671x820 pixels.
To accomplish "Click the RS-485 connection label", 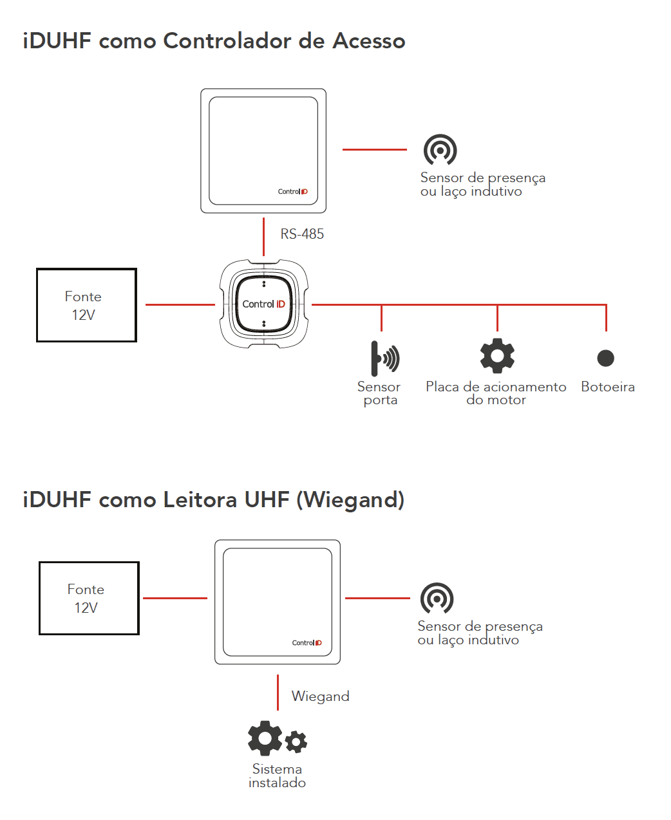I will click(302, 234).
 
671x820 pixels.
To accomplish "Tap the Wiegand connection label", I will click(320, 696).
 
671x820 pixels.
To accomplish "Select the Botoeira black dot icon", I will click(605, 358).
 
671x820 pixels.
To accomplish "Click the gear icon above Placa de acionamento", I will click(497, 356).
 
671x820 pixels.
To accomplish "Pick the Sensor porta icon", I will click(384, 358).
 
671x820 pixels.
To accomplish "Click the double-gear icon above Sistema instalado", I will click(278, 738).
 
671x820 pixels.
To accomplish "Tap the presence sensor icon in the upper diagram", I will click(440, 151).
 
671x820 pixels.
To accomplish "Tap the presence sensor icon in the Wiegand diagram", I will click(437, 599).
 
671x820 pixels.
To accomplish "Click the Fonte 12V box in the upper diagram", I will click(86, 305).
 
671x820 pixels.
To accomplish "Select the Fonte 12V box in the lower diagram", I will click(89, 598).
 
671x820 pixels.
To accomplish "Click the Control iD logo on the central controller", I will click(263, 304).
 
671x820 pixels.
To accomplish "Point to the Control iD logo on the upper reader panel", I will click(293, 192).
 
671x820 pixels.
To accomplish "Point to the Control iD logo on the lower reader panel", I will click(307, 643).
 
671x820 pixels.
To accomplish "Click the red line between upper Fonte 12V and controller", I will click(180, 304).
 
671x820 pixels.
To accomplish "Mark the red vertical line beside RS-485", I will click(263, 237).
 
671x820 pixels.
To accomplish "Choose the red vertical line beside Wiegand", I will click(278, 693).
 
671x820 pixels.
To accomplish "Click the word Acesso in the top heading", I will click(369, 41).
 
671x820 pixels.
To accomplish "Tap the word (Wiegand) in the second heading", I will click(350, 500).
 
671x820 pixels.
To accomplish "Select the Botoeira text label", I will click(607, 387).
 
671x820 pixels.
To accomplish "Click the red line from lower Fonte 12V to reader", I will click(175, 598).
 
